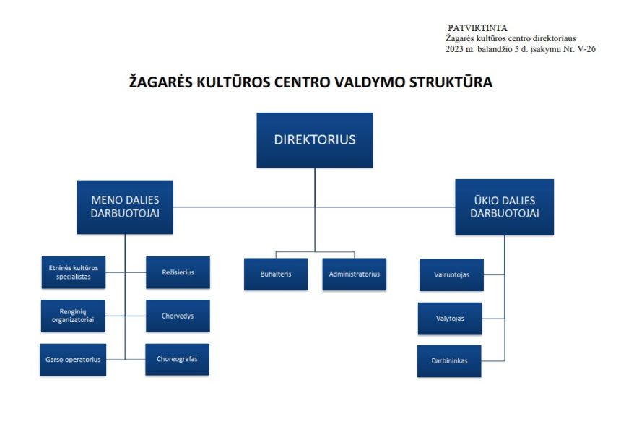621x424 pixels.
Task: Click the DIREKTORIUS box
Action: tap(315, 140)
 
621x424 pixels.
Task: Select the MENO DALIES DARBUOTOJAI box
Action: tap(125, 207)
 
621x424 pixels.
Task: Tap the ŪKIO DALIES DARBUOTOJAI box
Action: tap(505, 207)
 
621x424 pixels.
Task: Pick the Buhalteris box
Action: tap(276, 274)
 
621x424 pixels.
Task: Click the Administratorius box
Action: tap(355, 274)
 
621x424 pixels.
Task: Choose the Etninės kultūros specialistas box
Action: tap(74, 272)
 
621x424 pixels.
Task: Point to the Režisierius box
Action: tap(178, 272)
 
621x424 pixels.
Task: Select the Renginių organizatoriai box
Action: tap(73, 316)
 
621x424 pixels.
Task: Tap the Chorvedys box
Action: tap(178, 316)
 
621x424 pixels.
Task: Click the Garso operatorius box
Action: tap(73, 360)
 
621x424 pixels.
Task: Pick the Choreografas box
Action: tap(178, 360)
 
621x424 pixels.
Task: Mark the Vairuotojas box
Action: tap(452, 275)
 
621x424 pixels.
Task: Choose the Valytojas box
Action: tap(450, 319)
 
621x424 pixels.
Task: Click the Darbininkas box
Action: tap(450, 361)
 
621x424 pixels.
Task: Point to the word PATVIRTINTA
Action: tap(477, 28)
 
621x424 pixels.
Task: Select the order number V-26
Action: tap(586, 49)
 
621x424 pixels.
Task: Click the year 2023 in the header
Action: tap(454, 49)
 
